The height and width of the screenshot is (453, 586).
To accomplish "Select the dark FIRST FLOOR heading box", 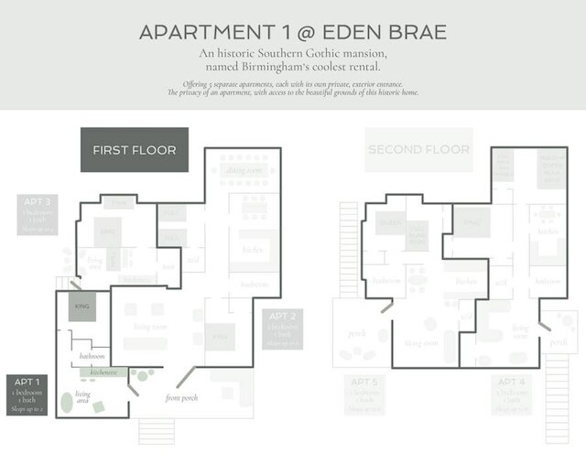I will click(x=134, y=150).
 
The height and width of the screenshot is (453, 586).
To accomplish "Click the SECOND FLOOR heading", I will click(x=418, y=150).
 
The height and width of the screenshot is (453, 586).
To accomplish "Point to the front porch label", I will click(x=183, y=398).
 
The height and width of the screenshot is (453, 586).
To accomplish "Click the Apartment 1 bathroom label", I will click(x=92, y=354).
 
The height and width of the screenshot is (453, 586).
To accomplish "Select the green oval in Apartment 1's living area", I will click(x=67, y=402).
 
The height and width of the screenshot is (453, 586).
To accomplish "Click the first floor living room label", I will click(x=151, y=326).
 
